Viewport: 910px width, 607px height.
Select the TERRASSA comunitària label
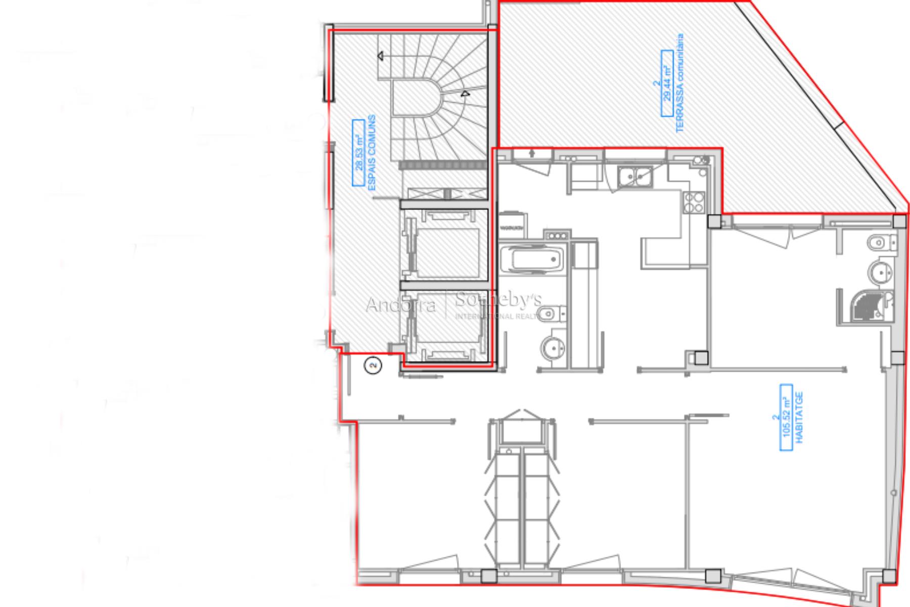[x=680, y=83]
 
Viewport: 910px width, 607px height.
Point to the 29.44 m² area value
[x=667, y=83]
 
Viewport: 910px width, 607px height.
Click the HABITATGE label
[x=799, y=417]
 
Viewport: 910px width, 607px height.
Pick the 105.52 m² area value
[x=786, y=417]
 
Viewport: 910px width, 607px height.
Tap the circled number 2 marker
[x=374, y=365]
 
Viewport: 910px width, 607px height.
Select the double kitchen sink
[x=633, y=176]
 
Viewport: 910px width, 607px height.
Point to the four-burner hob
[x=693, y=202]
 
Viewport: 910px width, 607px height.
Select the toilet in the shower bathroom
[x=880, y=243]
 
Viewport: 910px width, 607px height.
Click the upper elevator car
[x=445, y=250]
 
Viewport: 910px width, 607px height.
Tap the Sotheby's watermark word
[x=498, y=300]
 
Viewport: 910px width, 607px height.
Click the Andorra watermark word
[x=400, y=305]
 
